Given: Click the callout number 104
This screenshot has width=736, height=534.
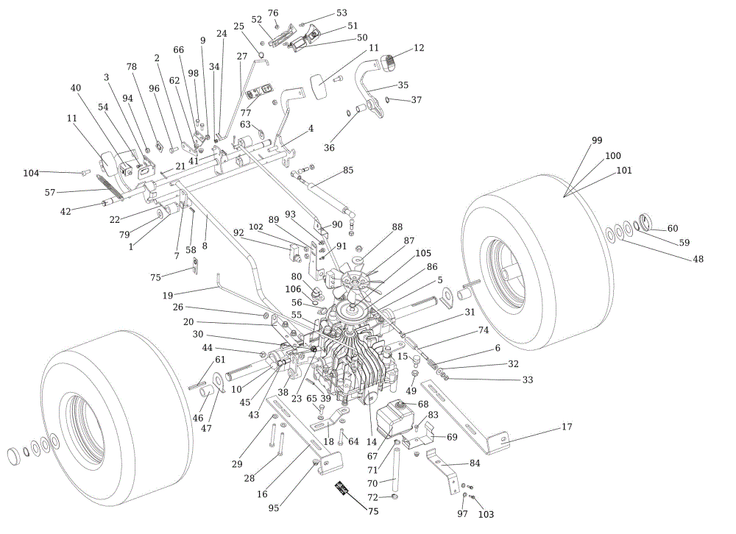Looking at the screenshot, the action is [31, 173].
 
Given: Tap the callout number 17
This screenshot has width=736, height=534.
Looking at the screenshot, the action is [567, 427].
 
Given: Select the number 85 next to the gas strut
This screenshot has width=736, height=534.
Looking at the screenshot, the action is [348, 170].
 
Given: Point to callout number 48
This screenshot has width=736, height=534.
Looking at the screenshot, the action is [698, 259].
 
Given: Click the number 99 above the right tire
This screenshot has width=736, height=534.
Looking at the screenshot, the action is [597, 140].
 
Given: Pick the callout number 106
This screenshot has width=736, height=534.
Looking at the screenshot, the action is [294, 289].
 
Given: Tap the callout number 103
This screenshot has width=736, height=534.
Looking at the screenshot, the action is [486, 514].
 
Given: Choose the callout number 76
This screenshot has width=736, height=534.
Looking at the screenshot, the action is [273, 13].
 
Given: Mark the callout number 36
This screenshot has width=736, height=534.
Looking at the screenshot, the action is [329, 147].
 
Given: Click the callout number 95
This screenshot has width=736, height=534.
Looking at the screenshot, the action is [274, 508].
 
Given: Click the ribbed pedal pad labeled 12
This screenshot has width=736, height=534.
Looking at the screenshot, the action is [388, 63].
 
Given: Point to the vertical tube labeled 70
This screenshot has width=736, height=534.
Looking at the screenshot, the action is [395, 470].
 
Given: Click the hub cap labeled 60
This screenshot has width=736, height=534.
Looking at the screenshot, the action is [646, 222].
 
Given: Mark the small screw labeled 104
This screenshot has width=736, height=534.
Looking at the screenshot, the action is [85, 173].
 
